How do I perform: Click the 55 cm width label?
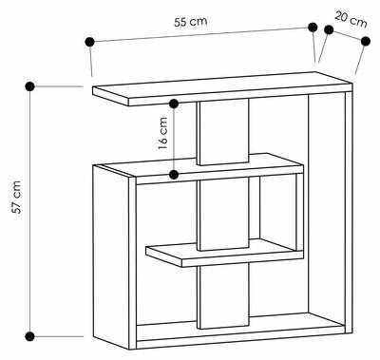point(191,22)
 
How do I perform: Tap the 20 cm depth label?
point(351,19)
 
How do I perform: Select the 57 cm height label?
point(16,197)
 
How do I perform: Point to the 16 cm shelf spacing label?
point(162,133)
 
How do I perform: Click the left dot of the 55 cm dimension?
point(89,42)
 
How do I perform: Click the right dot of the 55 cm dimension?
point(313,28)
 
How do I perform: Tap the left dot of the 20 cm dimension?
point(329,29)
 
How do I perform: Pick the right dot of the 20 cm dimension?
point(366,41)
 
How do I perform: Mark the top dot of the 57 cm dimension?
point(29,86)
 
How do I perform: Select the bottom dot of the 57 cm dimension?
point(29,336)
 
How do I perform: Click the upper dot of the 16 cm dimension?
point(174,104)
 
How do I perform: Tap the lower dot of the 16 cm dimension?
point(174,174)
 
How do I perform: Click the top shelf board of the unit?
point(221,87)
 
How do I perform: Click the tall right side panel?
point(349,212)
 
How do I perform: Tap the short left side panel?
point(114,256)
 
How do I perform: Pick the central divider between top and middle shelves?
point(223,132)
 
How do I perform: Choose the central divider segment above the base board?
point(223,296)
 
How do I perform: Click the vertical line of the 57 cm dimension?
point(30,212)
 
